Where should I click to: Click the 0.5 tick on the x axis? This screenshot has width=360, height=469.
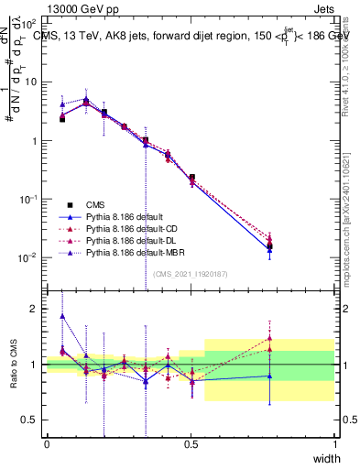click(191, 443)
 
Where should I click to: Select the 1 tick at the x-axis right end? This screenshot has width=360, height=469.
click(334, 443)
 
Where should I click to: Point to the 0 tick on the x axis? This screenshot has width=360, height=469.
click(47, 443)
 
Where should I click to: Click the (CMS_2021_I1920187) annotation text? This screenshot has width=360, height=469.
click(191, 273)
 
